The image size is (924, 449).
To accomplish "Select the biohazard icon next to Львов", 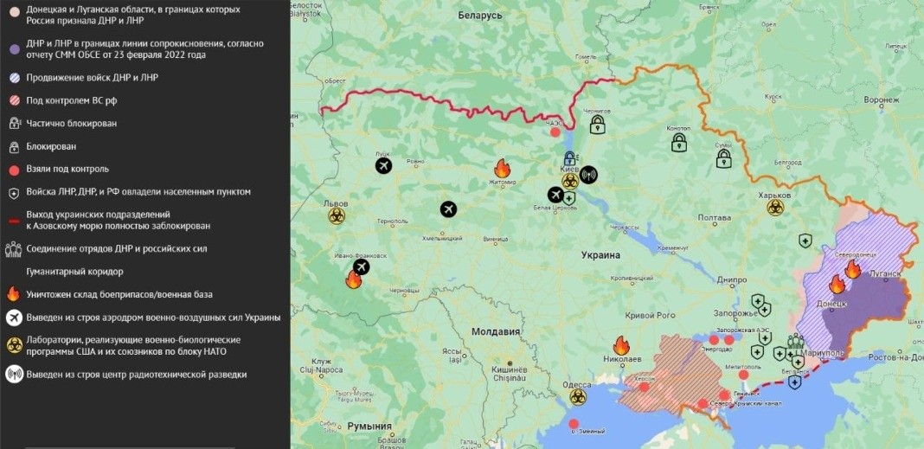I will tap(337, 216).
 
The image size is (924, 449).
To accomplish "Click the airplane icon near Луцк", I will tap(384, 165).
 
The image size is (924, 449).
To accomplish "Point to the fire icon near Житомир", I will tap(502, 168).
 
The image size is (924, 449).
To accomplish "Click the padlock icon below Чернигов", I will tap(597, 126).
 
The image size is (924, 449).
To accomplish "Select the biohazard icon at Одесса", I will tap(577, 397).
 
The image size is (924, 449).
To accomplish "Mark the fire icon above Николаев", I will tap(621, 345).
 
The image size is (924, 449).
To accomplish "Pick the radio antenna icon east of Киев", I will tap(588, 175).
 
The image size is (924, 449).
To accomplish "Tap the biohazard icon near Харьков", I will tap(774, 208).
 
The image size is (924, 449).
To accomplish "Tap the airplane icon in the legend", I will tap(13, 318).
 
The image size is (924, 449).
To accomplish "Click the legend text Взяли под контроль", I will tap(67, 169).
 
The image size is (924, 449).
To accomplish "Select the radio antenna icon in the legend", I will tap(13, 375).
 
